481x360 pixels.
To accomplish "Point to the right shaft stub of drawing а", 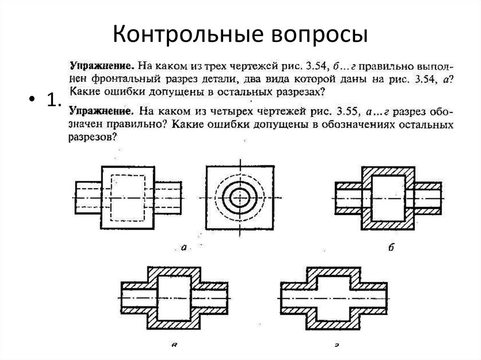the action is click(169, 198).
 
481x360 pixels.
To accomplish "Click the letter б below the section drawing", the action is click(391, 248).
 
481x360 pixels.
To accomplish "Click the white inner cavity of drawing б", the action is click(388, 198).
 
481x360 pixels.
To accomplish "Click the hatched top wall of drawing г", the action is click(333, 272).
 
